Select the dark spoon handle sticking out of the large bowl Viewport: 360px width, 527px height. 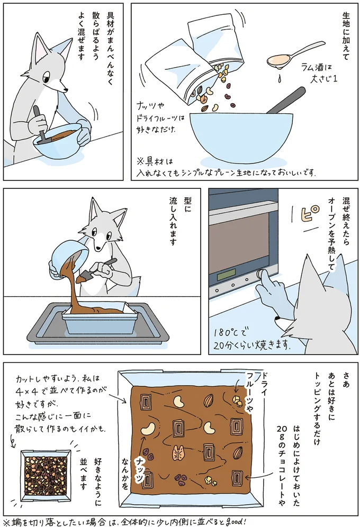click(x=286, y=102)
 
